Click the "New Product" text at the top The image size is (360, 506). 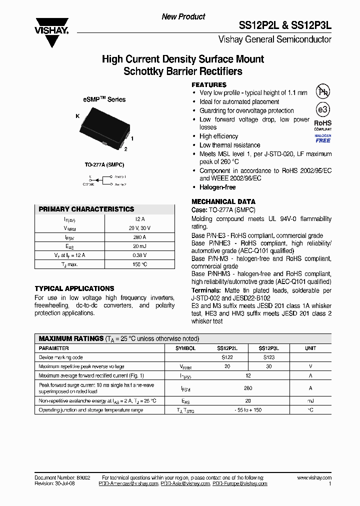point(183,16)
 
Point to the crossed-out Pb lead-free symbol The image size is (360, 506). point(322,91)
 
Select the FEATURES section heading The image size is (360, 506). point(209,85)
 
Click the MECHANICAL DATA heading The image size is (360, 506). point(223,201)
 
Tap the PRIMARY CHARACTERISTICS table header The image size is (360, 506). point(86,209)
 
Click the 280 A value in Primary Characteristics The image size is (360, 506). point(139,237)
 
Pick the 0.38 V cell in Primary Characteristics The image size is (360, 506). point(139,255)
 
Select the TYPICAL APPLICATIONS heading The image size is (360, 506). point(74,288)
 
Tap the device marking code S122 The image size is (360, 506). point(227,357)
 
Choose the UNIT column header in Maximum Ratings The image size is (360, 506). point(310,348)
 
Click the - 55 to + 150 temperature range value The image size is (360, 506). point(248,410)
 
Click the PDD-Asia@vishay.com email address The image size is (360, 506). point(185,484)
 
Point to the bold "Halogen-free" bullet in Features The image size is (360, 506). point(217,187)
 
